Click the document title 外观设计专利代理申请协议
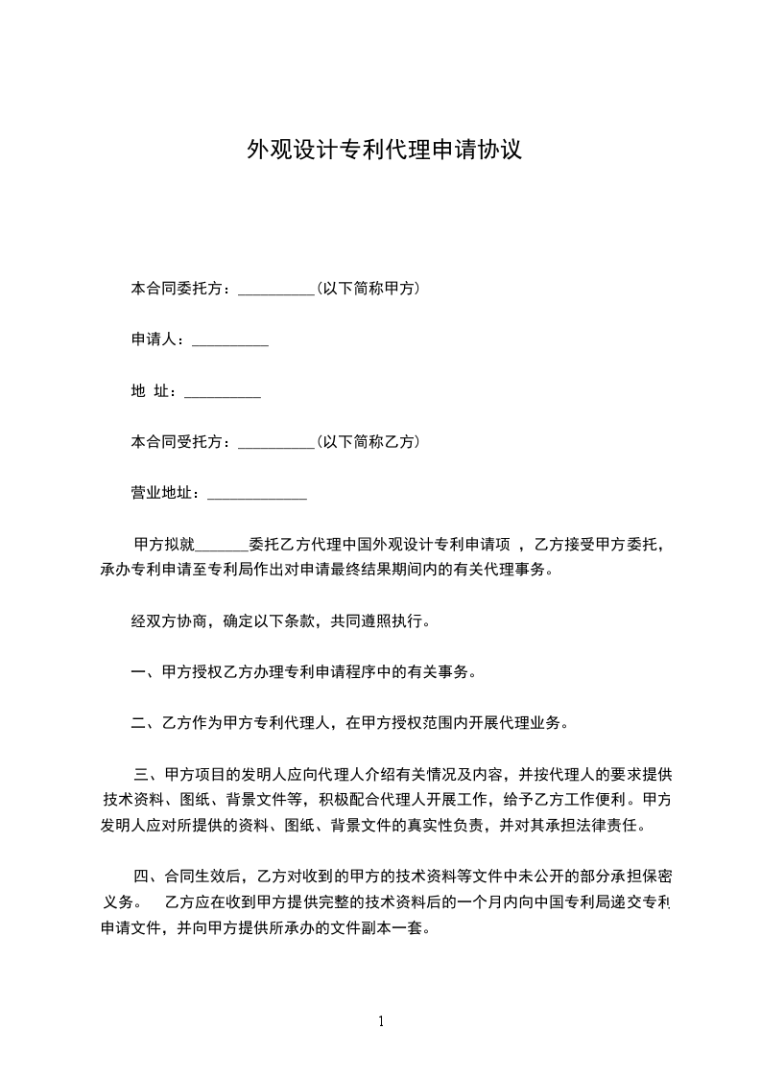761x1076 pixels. [384, 151]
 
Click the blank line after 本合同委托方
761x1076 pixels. [275, 291]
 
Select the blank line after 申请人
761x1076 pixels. [230, 342]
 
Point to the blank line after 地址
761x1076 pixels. [222, 394]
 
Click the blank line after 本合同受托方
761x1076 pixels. [275, 445]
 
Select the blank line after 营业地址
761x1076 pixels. [257, 497]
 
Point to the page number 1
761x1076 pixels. [381, 1021]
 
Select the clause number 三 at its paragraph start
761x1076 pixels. [142, 774]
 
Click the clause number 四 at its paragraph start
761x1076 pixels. [142, 876]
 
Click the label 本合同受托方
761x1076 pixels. [177, 443]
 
